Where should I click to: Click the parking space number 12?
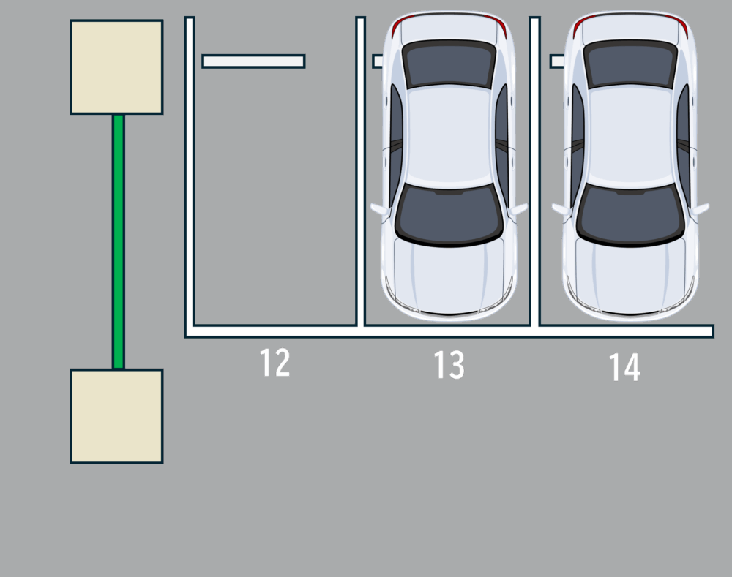tap(274, 363)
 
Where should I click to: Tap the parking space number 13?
tap(449, 365)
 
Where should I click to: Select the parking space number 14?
tap(624, 367)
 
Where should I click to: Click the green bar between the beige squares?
tap(119, 241)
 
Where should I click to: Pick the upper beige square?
tap(116, 67)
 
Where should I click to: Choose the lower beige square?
tap(116, 416)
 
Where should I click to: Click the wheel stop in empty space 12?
tap(253, 61)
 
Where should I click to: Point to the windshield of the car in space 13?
tap(449, 214)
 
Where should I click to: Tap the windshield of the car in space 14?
tap(631, 214)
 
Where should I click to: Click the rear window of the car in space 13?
tap(449, 64)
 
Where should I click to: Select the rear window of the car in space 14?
tap(631, 64)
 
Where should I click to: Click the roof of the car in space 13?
tap(449, 136)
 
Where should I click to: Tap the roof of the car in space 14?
tap(631, 136)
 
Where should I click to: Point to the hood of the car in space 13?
tap(449, 278)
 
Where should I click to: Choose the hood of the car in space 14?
tap(631, 278)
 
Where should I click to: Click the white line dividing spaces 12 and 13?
tap(360, 171)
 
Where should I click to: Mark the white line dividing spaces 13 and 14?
tap(535, 171)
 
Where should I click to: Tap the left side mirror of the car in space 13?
tap(379, 209)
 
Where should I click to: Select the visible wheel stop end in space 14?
tap(557, 61)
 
